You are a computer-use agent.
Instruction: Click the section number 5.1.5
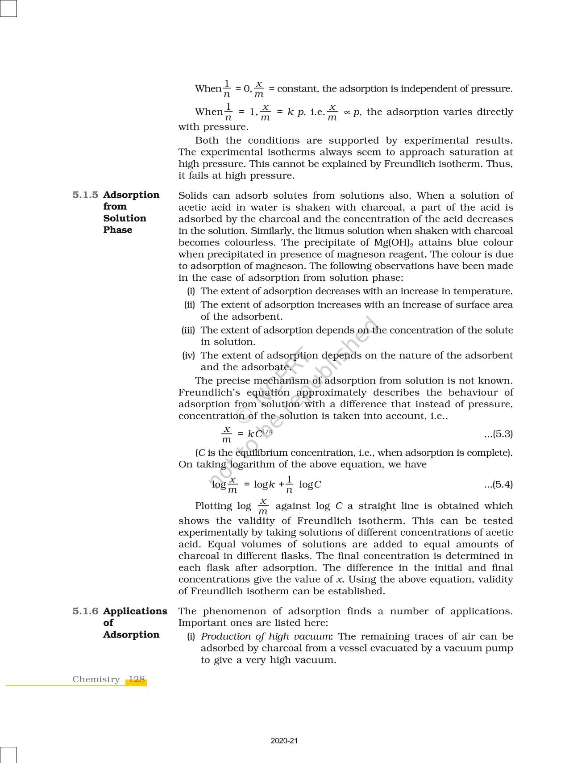tap(85, 195)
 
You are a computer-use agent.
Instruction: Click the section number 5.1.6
tap(85, 611)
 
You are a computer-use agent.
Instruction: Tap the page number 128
tap(136, 680)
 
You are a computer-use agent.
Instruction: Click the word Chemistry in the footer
tap(96, 680)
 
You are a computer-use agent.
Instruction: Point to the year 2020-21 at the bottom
tap(284, 741)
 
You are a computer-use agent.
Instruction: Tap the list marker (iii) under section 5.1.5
tap(188, 330)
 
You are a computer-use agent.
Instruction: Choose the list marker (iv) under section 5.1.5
tap(188, 356)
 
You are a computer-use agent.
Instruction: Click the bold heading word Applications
tap(135, 611)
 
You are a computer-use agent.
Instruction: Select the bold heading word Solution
tap(125, 218)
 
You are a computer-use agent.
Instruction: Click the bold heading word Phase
tap(117, 230)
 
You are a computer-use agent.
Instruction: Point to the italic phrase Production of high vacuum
tap(266, 637)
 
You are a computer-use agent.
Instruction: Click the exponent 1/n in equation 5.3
tap(267, 432)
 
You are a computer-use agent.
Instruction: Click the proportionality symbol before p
tap(346, 113)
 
